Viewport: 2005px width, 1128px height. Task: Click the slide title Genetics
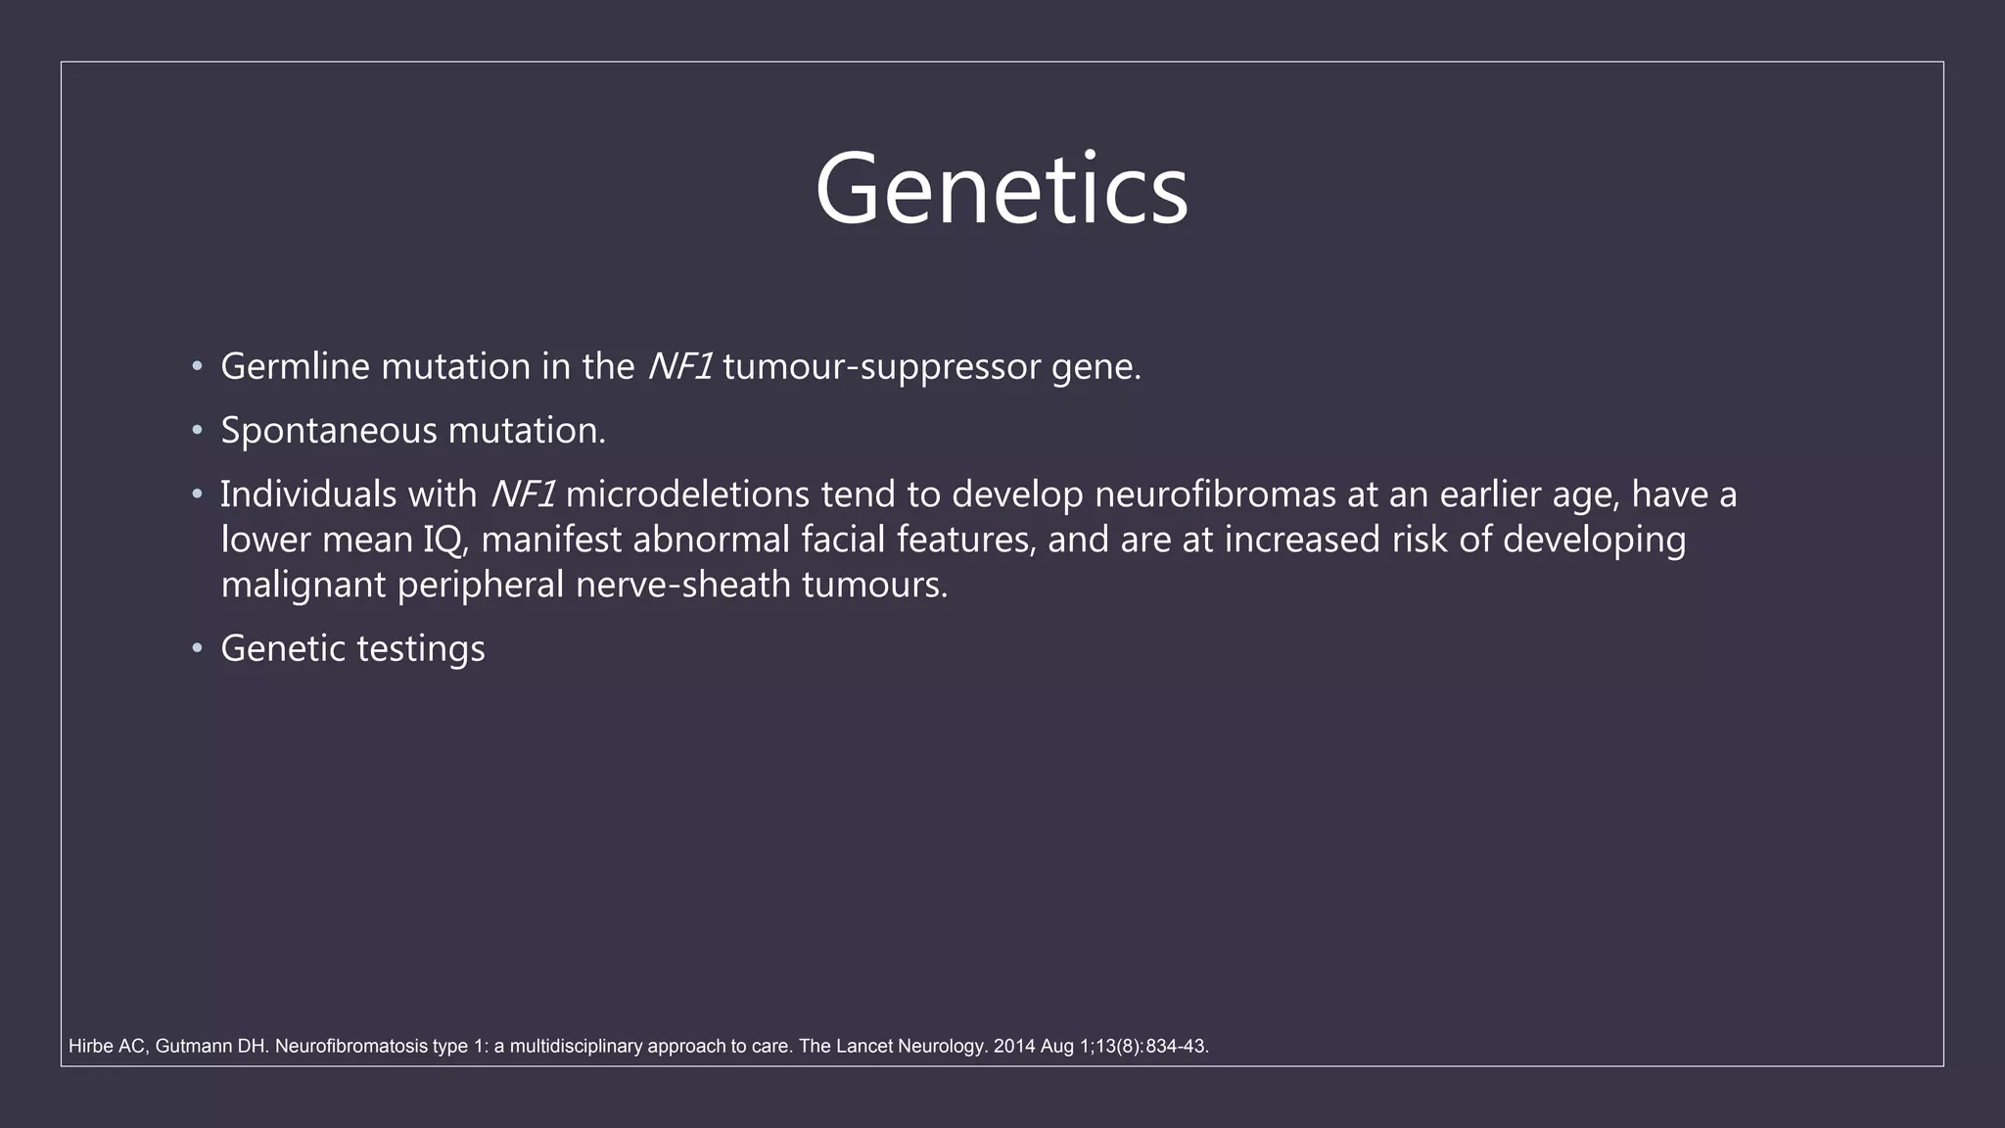(x=1001, y=189)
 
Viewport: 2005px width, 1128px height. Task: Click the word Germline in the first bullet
(x=295, y=367)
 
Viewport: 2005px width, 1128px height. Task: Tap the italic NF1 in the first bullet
(x=679, y=367)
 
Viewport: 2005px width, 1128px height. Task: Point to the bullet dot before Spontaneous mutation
(x=197, y=431)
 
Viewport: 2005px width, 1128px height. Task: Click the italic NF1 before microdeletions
(x=523, y=494)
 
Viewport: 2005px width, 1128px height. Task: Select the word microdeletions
(x=687, y=494)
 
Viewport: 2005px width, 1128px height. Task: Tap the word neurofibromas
(x=1215, y=494)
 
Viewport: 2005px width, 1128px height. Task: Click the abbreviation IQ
(x=445, y=540)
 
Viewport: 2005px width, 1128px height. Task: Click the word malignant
(x=303, y=586)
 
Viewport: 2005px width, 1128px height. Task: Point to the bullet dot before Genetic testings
(x=197, y=648)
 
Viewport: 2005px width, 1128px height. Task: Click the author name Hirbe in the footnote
(x=90, y=1047)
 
